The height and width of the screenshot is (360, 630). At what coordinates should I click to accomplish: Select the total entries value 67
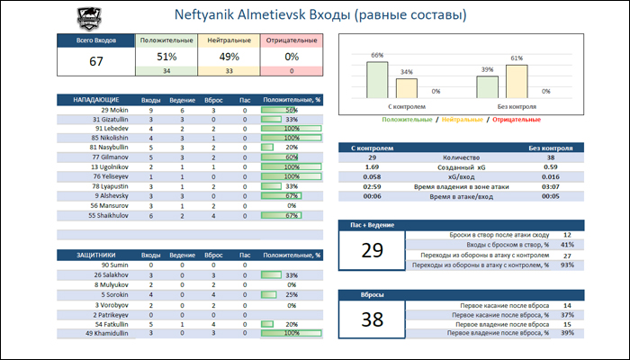pyautogui.click(x=96, y=62)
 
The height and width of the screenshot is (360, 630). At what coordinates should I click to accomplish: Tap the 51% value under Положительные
pyautogui.click(x=166, y=57)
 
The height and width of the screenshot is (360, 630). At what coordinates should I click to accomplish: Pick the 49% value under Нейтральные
pyautogui.click(x=229, y=57)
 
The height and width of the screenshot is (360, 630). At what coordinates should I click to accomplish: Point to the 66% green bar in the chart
pyautogui.click(x=377, y=79)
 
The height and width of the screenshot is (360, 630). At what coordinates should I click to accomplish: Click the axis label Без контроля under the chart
pyautogui.click(x=516, y=107)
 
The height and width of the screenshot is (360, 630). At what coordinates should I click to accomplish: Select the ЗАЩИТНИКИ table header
pyautogui.click(x=91, y=255)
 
